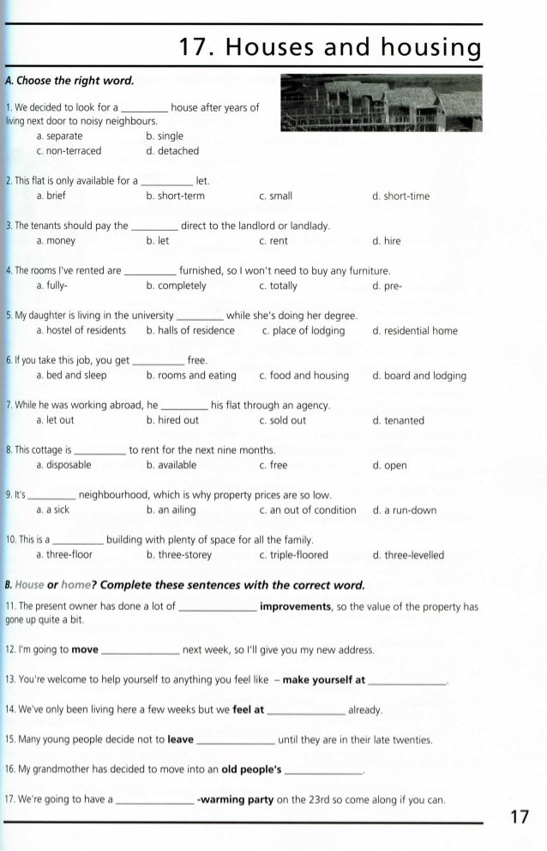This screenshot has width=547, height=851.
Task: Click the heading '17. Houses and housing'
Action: click(x=327, y=46)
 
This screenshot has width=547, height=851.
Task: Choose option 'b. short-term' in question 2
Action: click(x=175, y=196)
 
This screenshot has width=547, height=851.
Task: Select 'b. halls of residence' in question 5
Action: click(x=189, y=330)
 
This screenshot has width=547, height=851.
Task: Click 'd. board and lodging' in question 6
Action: click(x=419, y=376)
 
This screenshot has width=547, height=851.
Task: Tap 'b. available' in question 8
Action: click(x=171, y=465)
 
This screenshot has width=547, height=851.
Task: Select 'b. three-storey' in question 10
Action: click(x=181, y=554)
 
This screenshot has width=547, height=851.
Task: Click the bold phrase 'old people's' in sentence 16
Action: click(x=251, y=770)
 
